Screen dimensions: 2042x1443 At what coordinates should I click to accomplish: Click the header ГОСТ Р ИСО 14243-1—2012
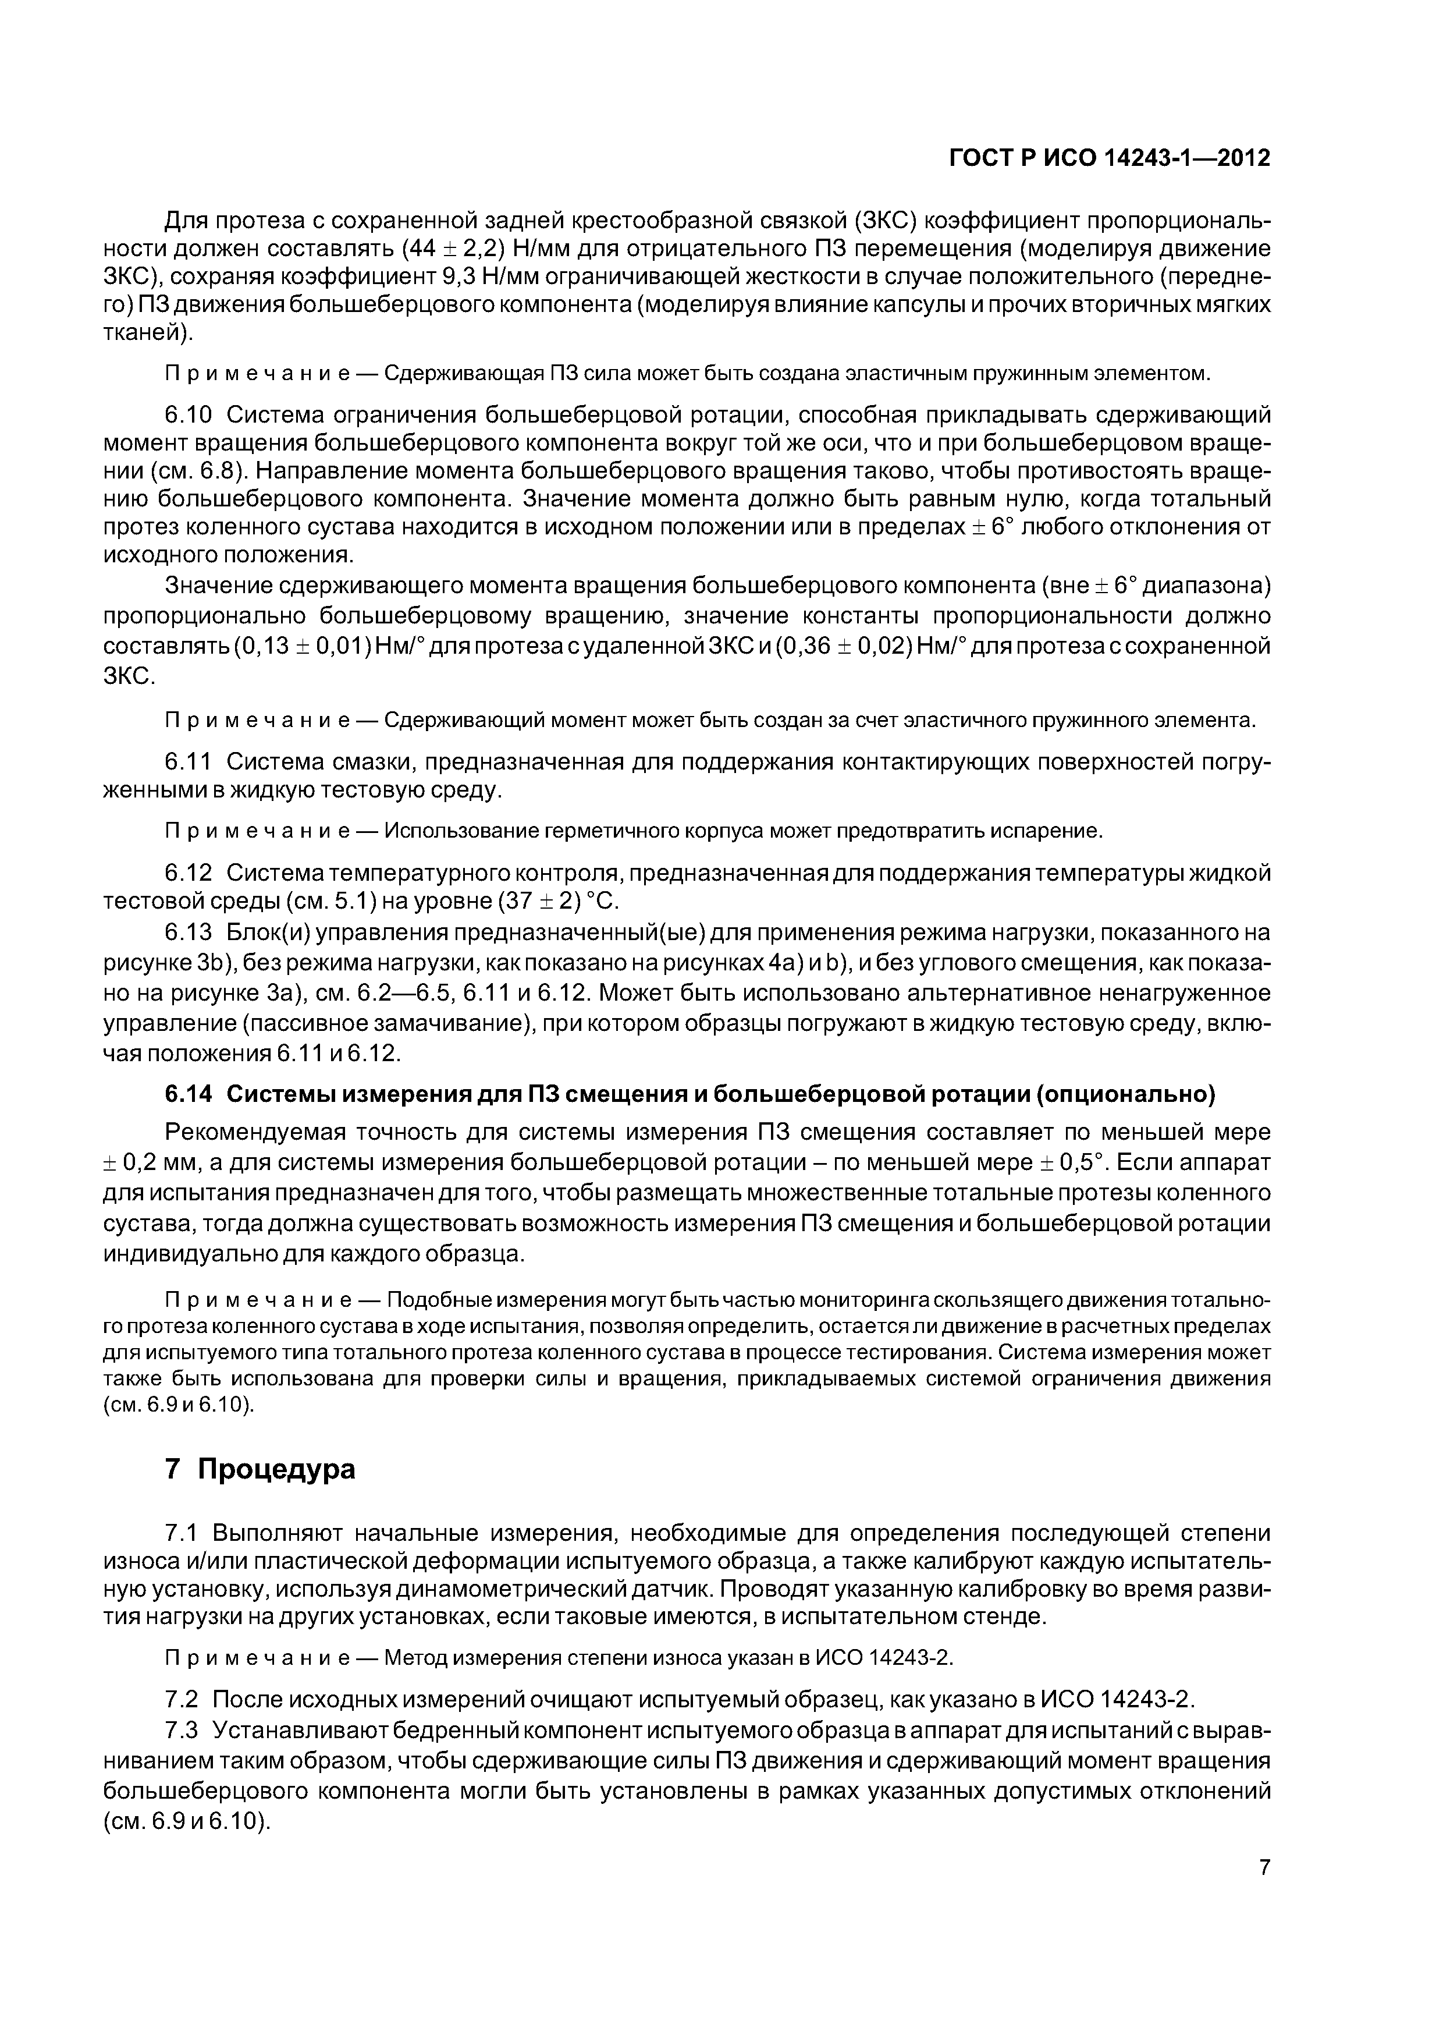tap(1110, 158)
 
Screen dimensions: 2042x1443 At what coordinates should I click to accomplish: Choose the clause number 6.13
tap(189, 932)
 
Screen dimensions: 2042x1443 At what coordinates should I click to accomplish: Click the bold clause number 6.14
tap(189, 1093)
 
